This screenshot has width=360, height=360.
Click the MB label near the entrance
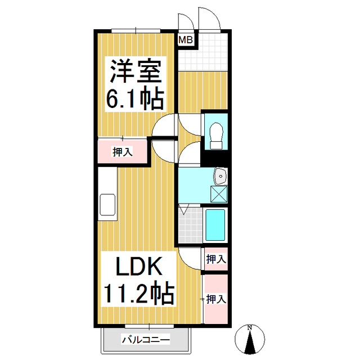click(186, 40)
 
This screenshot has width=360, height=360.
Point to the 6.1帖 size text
click(136, 100)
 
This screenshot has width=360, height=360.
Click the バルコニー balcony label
click(145, 339)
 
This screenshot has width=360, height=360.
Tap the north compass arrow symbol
click(251, 340)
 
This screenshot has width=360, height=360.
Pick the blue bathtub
click(215, 225)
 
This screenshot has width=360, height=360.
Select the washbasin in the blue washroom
click(220, 177)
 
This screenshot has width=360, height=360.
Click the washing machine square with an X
click(219, 193)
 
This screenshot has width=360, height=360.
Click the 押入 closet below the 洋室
click(122, 151)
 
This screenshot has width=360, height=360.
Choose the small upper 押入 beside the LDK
click(215, 259)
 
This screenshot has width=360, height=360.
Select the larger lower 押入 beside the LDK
click(215, 299)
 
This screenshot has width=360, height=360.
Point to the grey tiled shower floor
click(188, 224)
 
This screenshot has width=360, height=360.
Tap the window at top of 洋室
click(136, 30)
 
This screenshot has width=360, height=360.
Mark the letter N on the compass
click(251, 327)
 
